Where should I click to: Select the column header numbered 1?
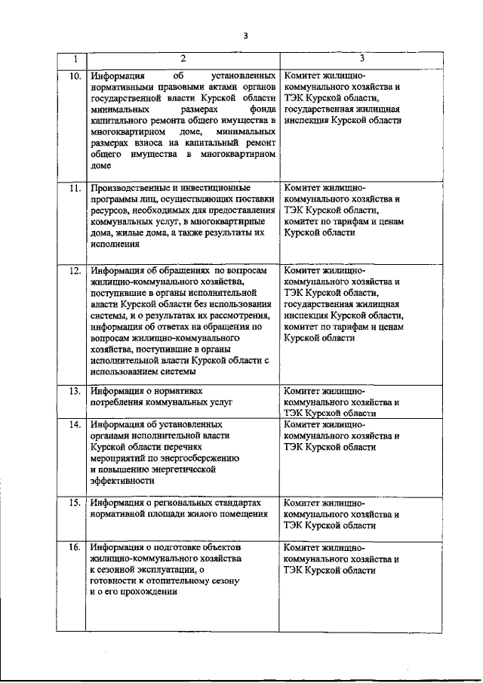pos(73,59)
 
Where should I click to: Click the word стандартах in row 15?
pos(237,502)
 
